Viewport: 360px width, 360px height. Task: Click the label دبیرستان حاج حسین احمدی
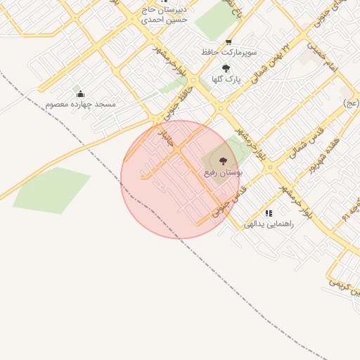(167, 15)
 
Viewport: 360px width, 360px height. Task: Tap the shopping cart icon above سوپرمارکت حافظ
(229, 42)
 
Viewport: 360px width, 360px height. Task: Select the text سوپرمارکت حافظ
(229, 53)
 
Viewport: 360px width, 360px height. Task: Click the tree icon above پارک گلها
(226, 68)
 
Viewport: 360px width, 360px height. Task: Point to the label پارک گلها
(226, 79)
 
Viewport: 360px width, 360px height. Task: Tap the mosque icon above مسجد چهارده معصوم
(80, 94)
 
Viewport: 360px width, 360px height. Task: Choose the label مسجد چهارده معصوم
(81, 104)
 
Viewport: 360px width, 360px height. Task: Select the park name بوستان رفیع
(224, 172)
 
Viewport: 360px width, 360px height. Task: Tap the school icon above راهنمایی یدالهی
(268, 212)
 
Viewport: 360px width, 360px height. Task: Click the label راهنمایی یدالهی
(268, 224)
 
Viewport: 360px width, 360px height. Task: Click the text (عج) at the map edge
(351, 103)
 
